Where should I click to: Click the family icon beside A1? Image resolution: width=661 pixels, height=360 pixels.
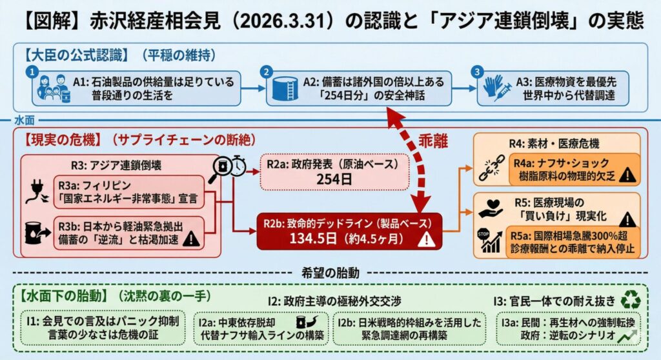(52, 88)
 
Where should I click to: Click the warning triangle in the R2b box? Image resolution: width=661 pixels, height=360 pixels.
(425, 240)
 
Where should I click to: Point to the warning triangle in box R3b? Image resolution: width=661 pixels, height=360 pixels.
(191, 240)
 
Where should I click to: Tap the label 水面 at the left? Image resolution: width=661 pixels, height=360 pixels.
(24, 121)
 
